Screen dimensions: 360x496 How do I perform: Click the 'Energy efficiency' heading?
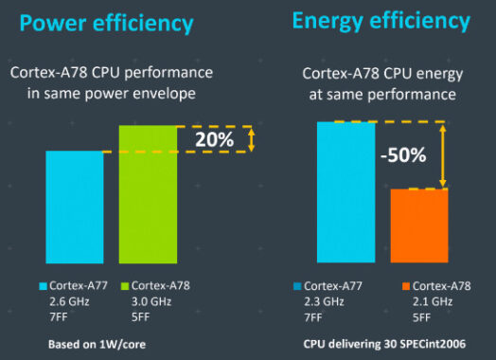tap(381, 20)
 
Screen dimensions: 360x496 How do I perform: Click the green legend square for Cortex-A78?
tap(124, 284)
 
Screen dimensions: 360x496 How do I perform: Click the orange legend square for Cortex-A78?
tap(405, 285)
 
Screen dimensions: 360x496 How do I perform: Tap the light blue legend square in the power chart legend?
tap(44, 284)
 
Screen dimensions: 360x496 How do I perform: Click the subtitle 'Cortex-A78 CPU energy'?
tap(380, 72)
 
